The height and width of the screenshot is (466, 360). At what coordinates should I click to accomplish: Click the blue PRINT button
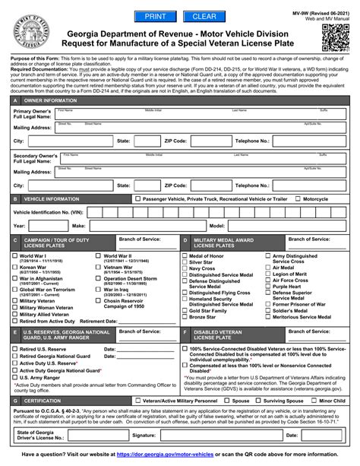[x=154, y=16]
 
